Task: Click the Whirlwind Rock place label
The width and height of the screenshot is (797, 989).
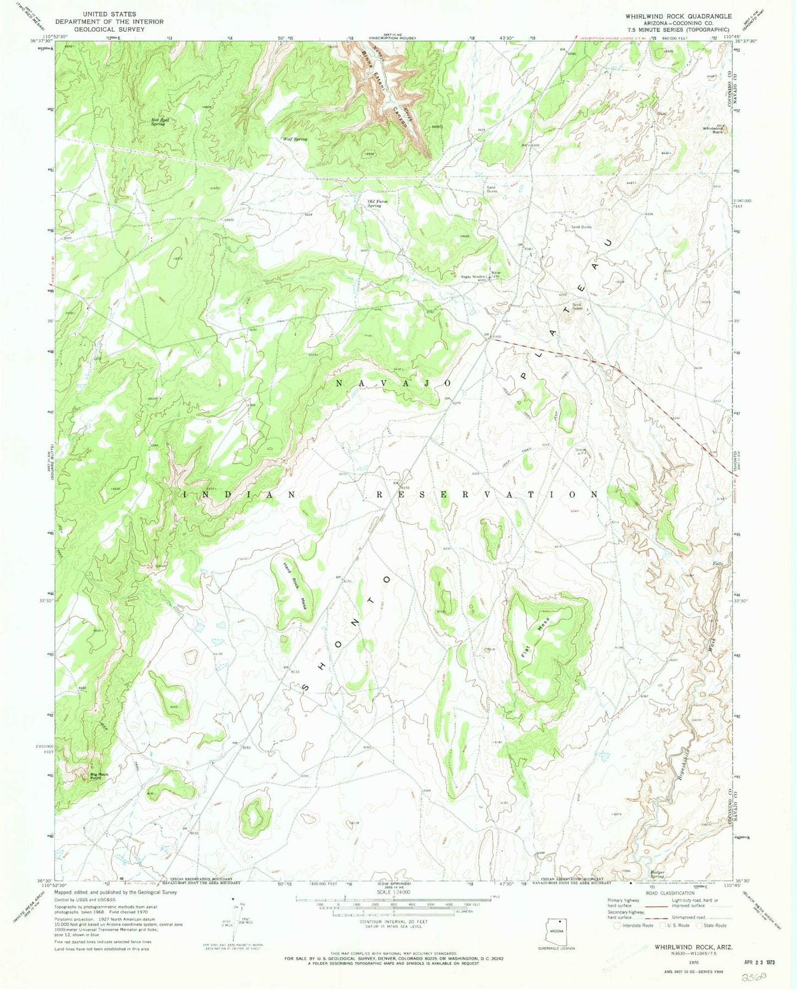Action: (x=712, y=130)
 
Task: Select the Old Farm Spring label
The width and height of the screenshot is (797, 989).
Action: (x=378, y=203)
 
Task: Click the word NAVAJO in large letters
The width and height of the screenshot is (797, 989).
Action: (x=394, y=383)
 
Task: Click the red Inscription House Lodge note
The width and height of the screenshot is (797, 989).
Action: (x=613, y=38)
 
